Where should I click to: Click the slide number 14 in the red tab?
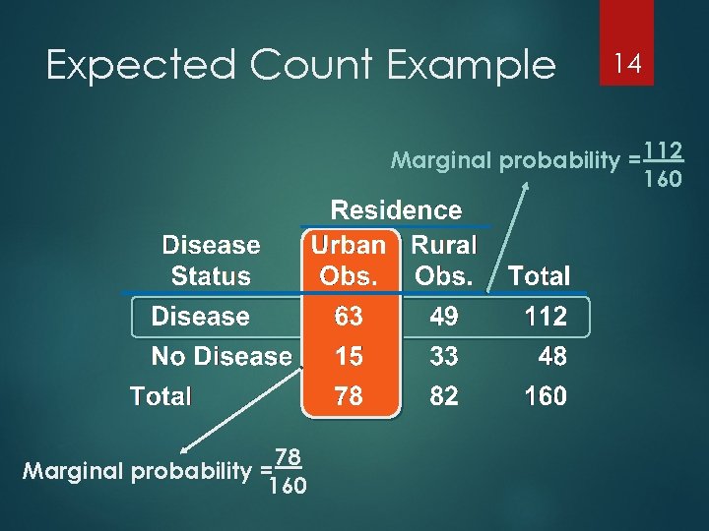(x=627, y=64)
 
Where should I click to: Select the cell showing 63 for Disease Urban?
(x=349, y=317)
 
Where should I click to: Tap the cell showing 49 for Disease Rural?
(x=444, y=317)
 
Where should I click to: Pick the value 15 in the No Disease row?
(x=349, y=356)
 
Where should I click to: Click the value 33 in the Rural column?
(x=444, y=356)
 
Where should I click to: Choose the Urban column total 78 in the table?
(x=349, y=396)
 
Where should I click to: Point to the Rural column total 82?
(x=444, y=396)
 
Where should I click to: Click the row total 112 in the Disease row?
(x=546, y=317)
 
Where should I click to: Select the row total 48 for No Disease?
(x=552, y=356)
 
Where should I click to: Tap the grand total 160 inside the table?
(x=546, y=396)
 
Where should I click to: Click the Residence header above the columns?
(x=396, y=210)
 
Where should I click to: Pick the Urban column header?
(x=347, y=245)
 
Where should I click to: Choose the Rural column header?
(x=443, y=245)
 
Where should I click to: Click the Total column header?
(x=539, y=277)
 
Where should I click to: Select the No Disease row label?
(x=221, y=356)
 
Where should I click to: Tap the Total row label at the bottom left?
(x=161, y=396)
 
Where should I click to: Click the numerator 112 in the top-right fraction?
(x=665, y=151)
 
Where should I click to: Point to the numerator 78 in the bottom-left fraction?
(x=288, y=457)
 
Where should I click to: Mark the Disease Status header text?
(x=211, y=261)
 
